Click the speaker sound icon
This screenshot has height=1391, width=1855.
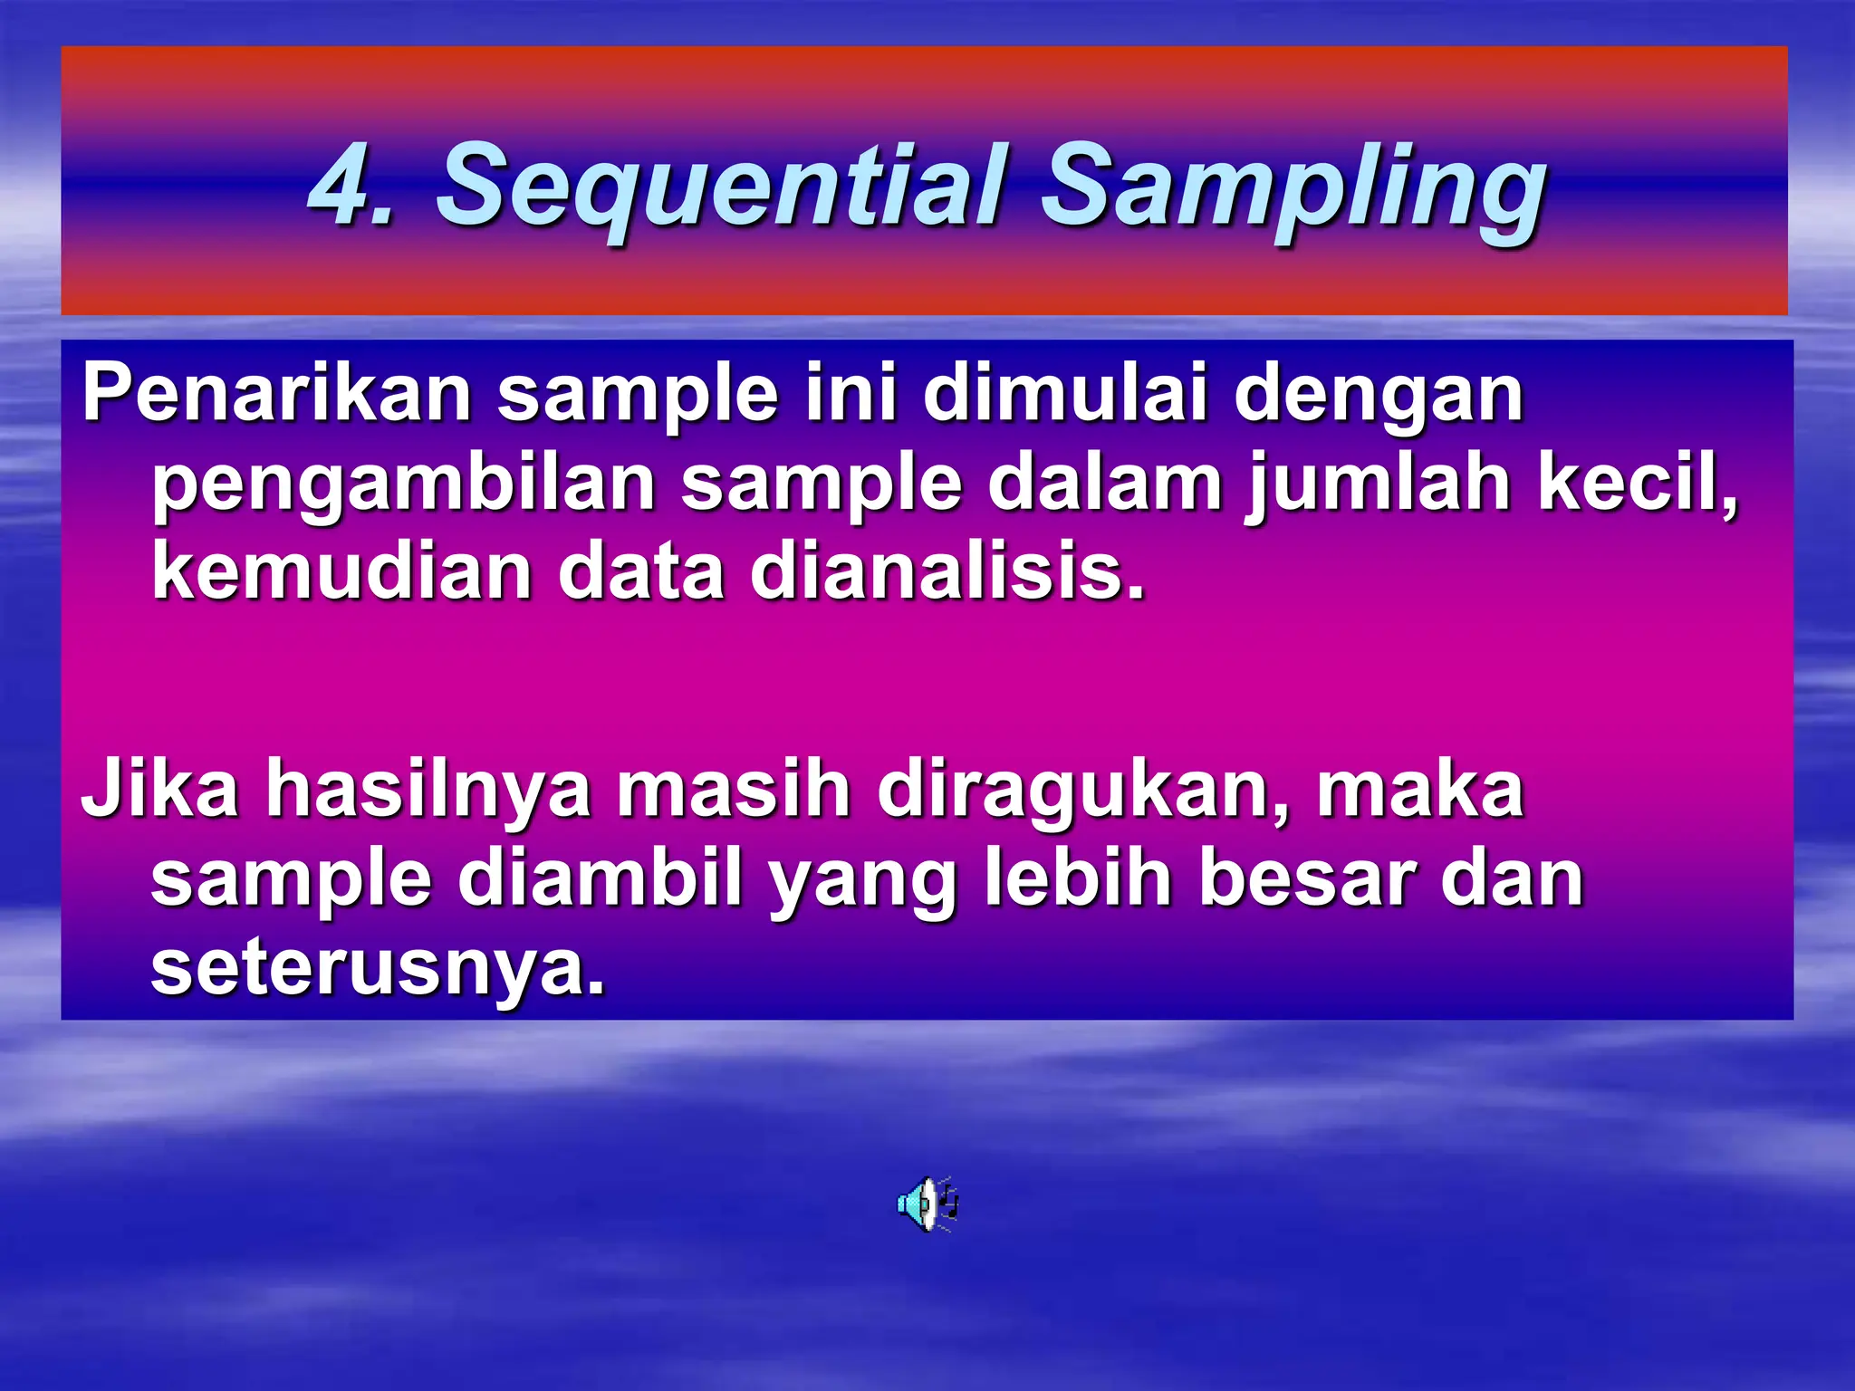(x=927, y=1204)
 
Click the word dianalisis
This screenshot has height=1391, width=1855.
(x=947, y=571)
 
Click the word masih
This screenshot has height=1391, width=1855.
(x=734, y=789)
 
